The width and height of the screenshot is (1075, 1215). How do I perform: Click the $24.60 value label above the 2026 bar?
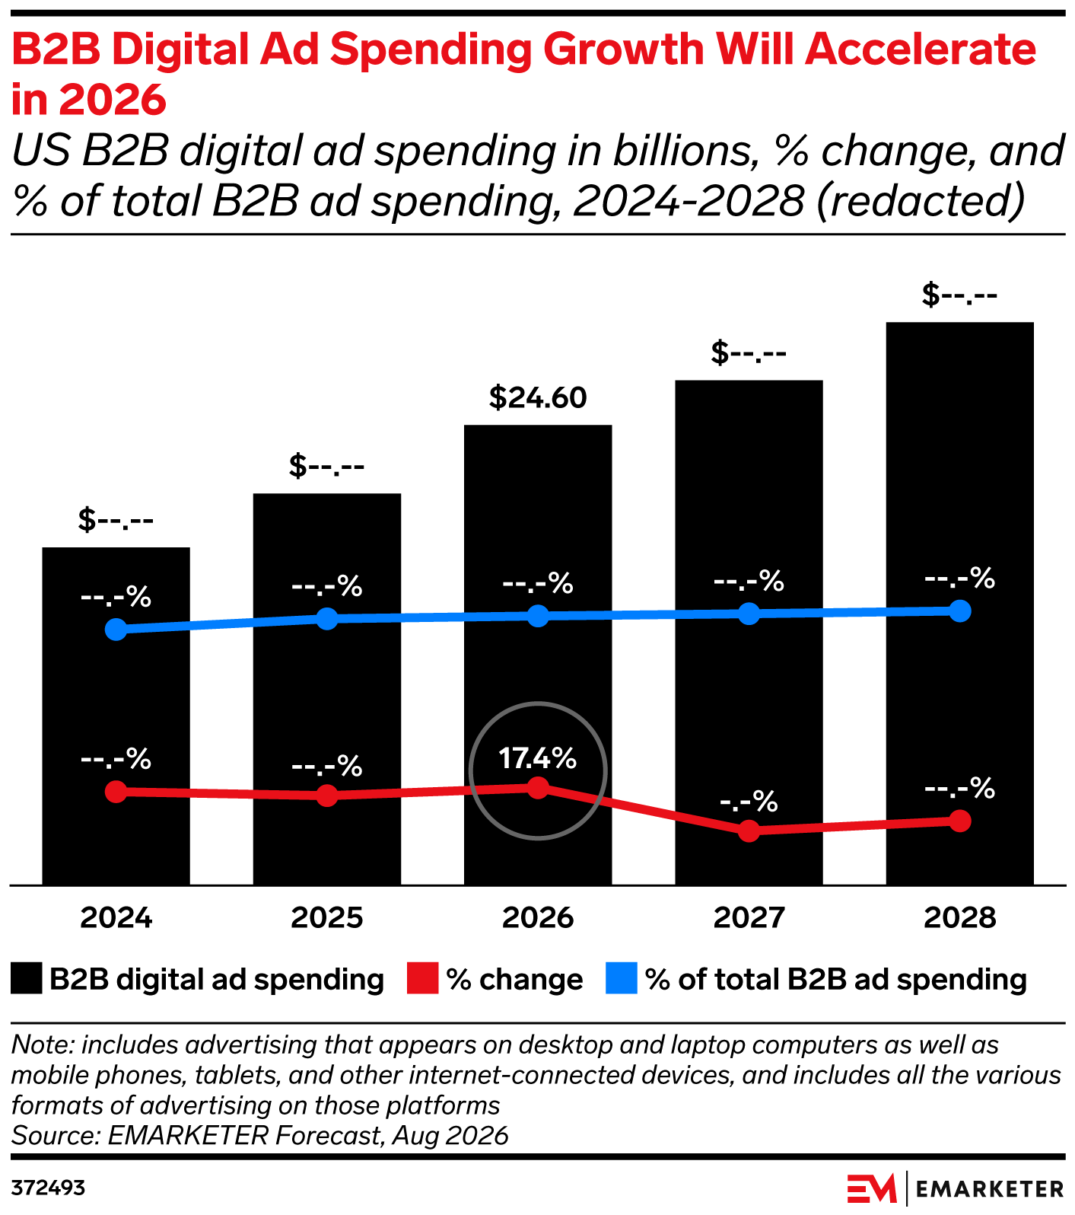click(x=538, y=397)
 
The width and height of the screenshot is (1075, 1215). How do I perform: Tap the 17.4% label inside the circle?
click(x=538, y=758)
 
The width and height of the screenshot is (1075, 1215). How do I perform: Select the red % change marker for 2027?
click(x=749, y=831)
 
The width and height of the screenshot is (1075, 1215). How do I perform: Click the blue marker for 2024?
click(x=116, y=630)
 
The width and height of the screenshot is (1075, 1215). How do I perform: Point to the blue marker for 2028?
click(x=960, y=611)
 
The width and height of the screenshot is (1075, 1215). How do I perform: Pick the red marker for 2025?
click(x=327, y=796)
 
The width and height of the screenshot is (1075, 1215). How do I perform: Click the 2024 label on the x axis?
click(x=116, y=918)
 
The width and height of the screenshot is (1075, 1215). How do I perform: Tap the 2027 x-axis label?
click(x=749, y=918)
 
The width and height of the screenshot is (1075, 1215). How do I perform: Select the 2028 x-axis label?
click(x=960, y=918)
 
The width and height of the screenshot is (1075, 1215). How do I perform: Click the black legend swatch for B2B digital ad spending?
click(x=27, y=979)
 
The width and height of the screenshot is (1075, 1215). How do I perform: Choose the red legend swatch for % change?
click(x=422, y=979)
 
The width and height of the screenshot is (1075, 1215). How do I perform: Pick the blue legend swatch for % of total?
click(x=621, y=979)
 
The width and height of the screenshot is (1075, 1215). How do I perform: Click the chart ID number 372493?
click(x=48, y=1188)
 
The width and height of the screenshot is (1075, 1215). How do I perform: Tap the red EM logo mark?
click(x=872, y=1188)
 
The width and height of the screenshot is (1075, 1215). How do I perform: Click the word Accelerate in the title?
click(x=921, y=49)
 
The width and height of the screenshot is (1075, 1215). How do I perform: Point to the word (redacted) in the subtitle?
click(x=921, y=201)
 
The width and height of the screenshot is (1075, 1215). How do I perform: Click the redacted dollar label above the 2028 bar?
click(x=959, y=295)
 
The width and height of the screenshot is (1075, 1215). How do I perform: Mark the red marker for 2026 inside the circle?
click(x=538, y=788)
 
